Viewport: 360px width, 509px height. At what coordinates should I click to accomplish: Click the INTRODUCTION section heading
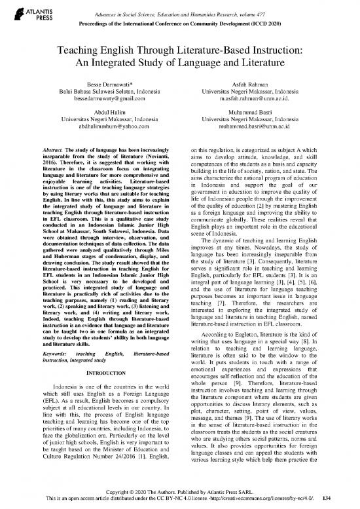pyautogui.click(x=98, y=374)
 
